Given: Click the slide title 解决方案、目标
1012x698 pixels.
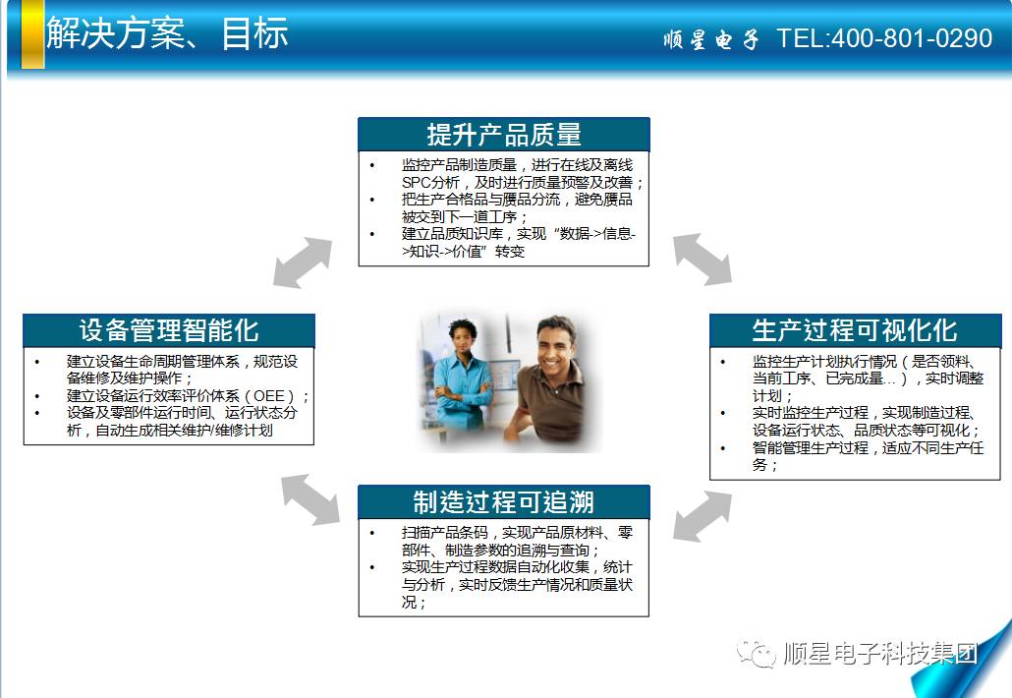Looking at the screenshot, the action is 167,32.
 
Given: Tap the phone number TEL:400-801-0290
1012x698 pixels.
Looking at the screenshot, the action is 884,38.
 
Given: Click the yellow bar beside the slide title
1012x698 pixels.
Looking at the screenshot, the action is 33,34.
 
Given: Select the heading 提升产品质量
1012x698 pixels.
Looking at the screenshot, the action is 504,135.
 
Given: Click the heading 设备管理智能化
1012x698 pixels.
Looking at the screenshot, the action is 169,330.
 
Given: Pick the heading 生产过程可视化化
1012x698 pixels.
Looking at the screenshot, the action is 855,330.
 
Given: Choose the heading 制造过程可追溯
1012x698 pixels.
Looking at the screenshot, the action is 503,501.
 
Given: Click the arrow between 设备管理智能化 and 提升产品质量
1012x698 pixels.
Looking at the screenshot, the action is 303,262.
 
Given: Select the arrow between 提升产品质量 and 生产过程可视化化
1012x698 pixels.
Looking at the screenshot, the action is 703,259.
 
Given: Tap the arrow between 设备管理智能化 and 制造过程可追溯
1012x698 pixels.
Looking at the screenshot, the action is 310,499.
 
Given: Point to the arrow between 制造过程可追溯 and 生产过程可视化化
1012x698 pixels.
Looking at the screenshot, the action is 703,516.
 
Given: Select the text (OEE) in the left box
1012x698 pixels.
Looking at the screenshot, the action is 270,396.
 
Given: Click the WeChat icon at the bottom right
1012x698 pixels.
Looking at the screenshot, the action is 756,654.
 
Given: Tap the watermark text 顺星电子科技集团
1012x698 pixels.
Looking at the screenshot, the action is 880,654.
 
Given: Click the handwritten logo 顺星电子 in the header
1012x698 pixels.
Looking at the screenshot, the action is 710,39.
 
